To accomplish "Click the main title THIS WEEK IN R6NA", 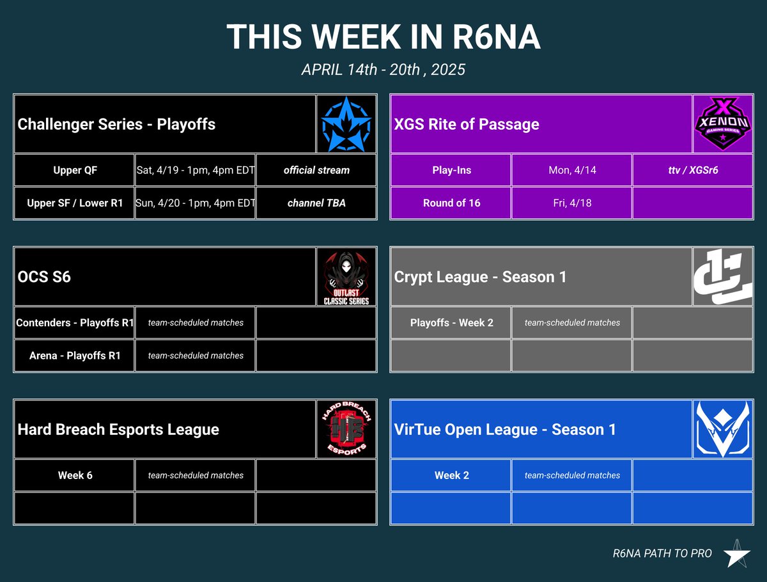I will [383, 37].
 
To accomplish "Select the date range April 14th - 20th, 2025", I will [383, 69].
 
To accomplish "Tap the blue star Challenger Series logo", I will [346, 124].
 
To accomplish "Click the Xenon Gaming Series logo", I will [723, 124].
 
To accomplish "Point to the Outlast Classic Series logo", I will [346, 277].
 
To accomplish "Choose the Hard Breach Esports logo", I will [346, 430].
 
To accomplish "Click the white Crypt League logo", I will [723, 277].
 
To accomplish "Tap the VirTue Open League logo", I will [723, 430].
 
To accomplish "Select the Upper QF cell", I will [75, 170].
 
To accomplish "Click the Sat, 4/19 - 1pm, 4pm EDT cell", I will [196, 170].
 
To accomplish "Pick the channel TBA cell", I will [316, 203].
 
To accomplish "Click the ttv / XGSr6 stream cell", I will [693, 170].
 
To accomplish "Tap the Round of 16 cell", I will [451, 203].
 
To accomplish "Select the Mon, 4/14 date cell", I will [572, 170].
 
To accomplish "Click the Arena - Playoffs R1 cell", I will [75, 356].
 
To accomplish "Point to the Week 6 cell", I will [75, 475].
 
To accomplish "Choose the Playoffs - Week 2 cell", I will [451, 323].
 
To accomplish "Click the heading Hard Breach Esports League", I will [118, 430].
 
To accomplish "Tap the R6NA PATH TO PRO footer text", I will [662, 553].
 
